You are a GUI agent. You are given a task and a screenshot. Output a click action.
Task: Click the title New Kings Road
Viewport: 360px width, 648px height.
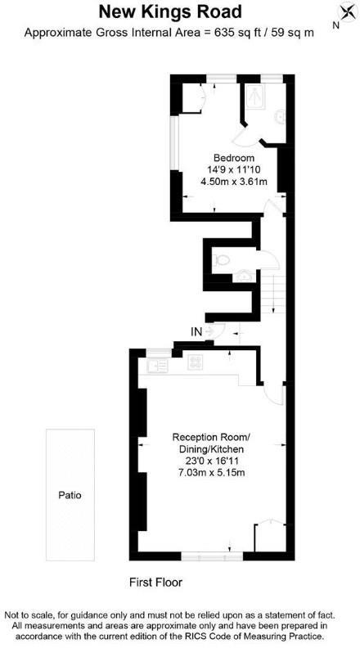(170, 11)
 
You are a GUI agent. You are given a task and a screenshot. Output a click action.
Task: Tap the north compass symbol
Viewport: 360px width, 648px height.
(341, 12)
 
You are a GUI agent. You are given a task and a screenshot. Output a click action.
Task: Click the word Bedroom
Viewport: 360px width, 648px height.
(234, 158)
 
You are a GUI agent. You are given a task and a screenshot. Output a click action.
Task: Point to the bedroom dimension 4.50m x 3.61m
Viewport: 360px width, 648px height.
(234, 181)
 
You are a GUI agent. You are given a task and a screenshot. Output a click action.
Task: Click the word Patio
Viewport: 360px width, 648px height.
(70, 495)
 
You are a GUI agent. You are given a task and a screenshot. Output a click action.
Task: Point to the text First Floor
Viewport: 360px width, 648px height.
(155, 583)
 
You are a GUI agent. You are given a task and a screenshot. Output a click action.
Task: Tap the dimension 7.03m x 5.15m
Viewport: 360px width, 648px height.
(212, 473)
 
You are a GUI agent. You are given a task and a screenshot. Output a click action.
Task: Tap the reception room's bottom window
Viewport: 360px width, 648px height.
(211, 556)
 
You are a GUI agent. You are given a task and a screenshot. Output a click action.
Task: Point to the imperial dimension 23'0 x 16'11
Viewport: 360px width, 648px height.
(212, 461)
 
